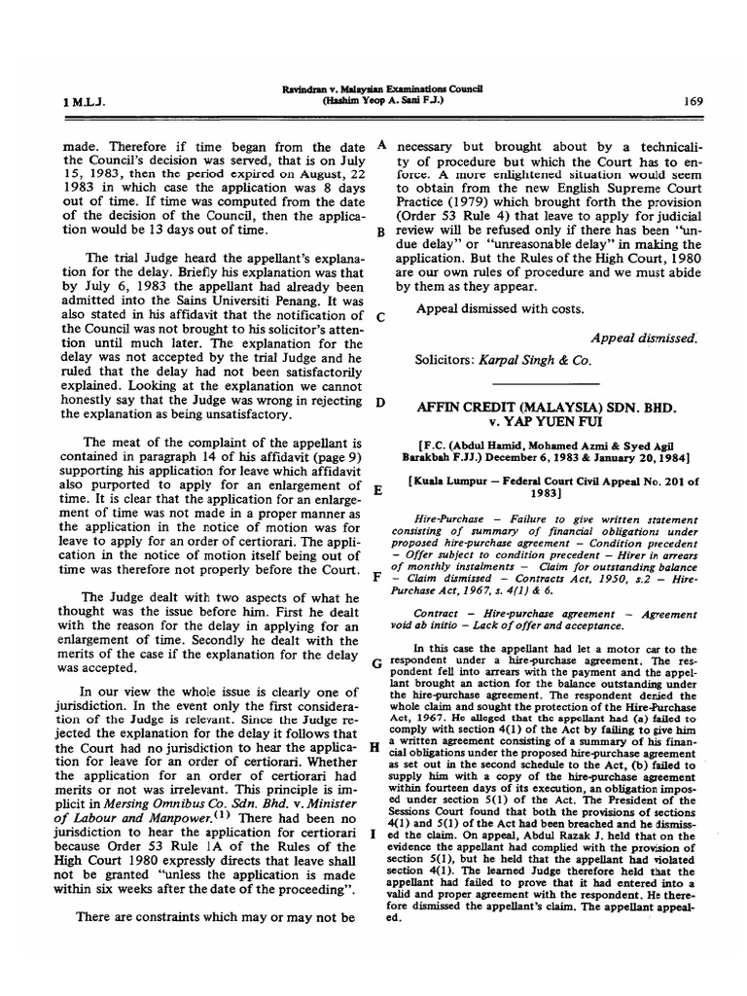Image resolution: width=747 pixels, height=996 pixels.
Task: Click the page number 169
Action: (694, 100)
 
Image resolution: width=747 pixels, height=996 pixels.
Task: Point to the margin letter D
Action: (381, 402)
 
